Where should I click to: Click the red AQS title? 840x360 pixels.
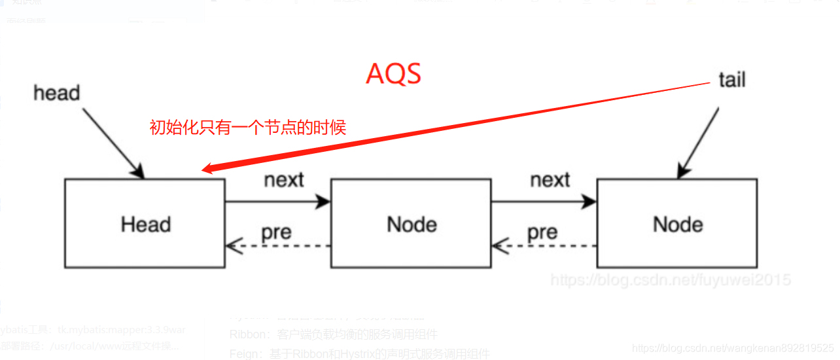point(393,75)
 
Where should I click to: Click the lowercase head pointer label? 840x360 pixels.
point(56,93)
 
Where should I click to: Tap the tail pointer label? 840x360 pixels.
point(731,80)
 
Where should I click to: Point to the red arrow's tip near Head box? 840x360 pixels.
point(203,171)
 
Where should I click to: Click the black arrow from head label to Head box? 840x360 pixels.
point(114,143)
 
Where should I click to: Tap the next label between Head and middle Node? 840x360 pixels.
point(284,180)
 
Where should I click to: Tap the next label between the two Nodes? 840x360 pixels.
point(550,180)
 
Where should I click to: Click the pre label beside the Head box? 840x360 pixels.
point(276,232)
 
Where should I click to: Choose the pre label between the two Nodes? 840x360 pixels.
point(542,232)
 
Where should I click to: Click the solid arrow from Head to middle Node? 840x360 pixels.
point(278,202)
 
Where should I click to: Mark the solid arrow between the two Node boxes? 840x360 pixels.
point(544,202)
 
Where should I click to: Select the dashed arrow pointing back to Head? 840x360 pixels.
point(278,246)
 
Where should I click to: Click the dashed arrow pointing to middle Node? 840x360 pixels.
point(544,246)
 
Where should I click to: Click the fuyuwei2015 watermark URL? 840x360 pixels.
point(670,280)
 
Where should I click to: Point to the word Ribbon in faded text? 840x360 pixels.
point(246,334)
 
